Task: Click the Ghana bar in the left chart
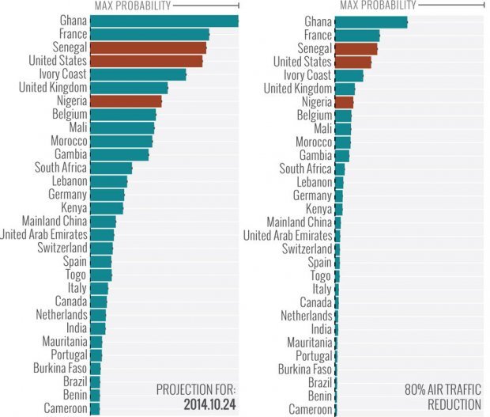164,21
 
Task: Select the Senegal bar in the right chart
356,48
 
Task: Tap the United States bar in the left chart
146,62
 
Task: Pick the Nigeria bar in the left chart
126,101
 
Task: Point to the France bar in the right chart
357,35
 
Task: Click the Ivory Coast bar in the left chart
138,74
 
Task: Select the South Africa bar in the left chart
111,168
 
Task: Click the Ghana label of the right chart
317,21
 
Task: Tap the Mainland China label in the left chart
54,222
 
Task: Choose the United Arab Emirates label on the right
288,235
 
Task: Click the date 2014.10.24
205,404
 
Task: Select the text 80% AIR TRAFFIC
443,389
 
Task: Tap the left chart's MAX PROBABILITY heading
132,6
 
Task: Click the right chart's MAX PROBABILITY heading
377,6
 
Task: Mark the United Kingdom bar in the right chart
345,88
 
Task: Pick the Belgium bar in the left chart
122,115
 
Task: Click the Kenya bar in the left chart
106,208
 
